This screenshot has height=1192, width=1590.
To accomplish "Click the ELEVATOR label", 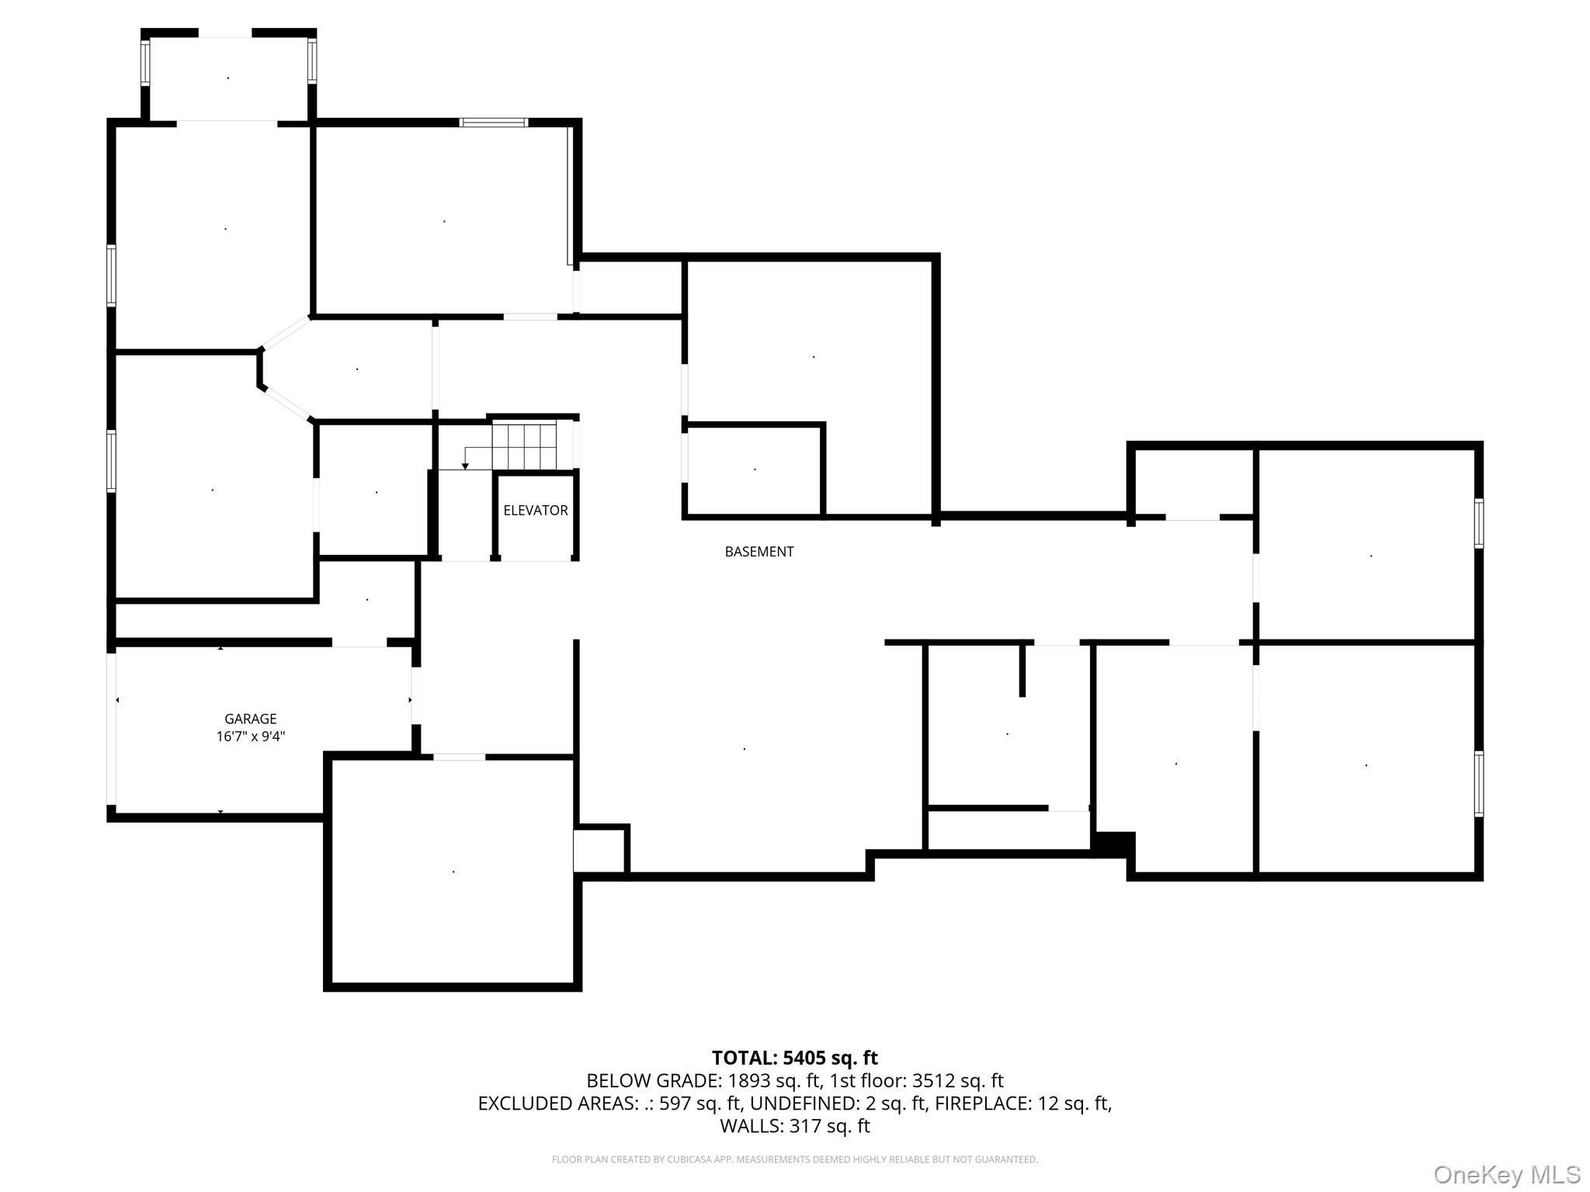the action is tap(536, 510).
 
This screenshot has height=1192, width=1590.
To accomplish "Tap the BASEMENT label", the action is tap(759, 552).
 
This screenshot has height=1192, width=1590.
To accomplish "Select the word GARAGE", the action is tap(251, 719).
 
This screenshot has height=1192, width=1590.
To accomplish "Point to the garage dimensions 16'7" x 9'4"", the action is tap(251, 736).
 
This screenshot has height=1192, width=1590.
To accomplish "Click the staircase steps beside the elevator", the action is tap(525, 446).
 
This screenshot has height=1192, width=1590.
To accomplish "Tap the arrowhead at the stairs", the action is tap(465, 466).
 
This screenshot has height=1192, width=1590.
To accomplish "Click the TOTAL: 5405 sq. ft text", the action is tap(795, 1058).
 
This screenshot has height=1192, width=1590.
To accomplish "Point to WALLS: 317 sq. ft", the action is tap(795, 1125).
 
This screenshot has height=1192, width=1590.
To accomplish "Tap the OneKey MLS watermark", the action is tap(1507, 1175).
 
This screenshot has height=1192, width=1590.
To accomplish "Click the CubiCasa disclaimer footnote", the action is tap(795, 1159).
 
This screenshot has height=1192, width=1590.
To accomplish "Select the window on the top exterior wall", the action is tap(493, 123).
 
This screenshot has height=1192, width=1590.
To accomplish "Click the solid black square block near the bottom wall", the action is tap(1113, 844).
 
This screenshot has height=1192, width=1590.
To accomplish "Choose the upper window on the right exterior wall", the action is tap(1479, 524).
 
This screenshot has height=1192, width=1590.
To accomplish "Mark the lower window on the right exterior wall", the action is tap(1479, 784).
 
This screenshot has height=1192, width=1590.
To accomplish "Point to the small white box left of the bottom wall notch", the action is tap(599, 851).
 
